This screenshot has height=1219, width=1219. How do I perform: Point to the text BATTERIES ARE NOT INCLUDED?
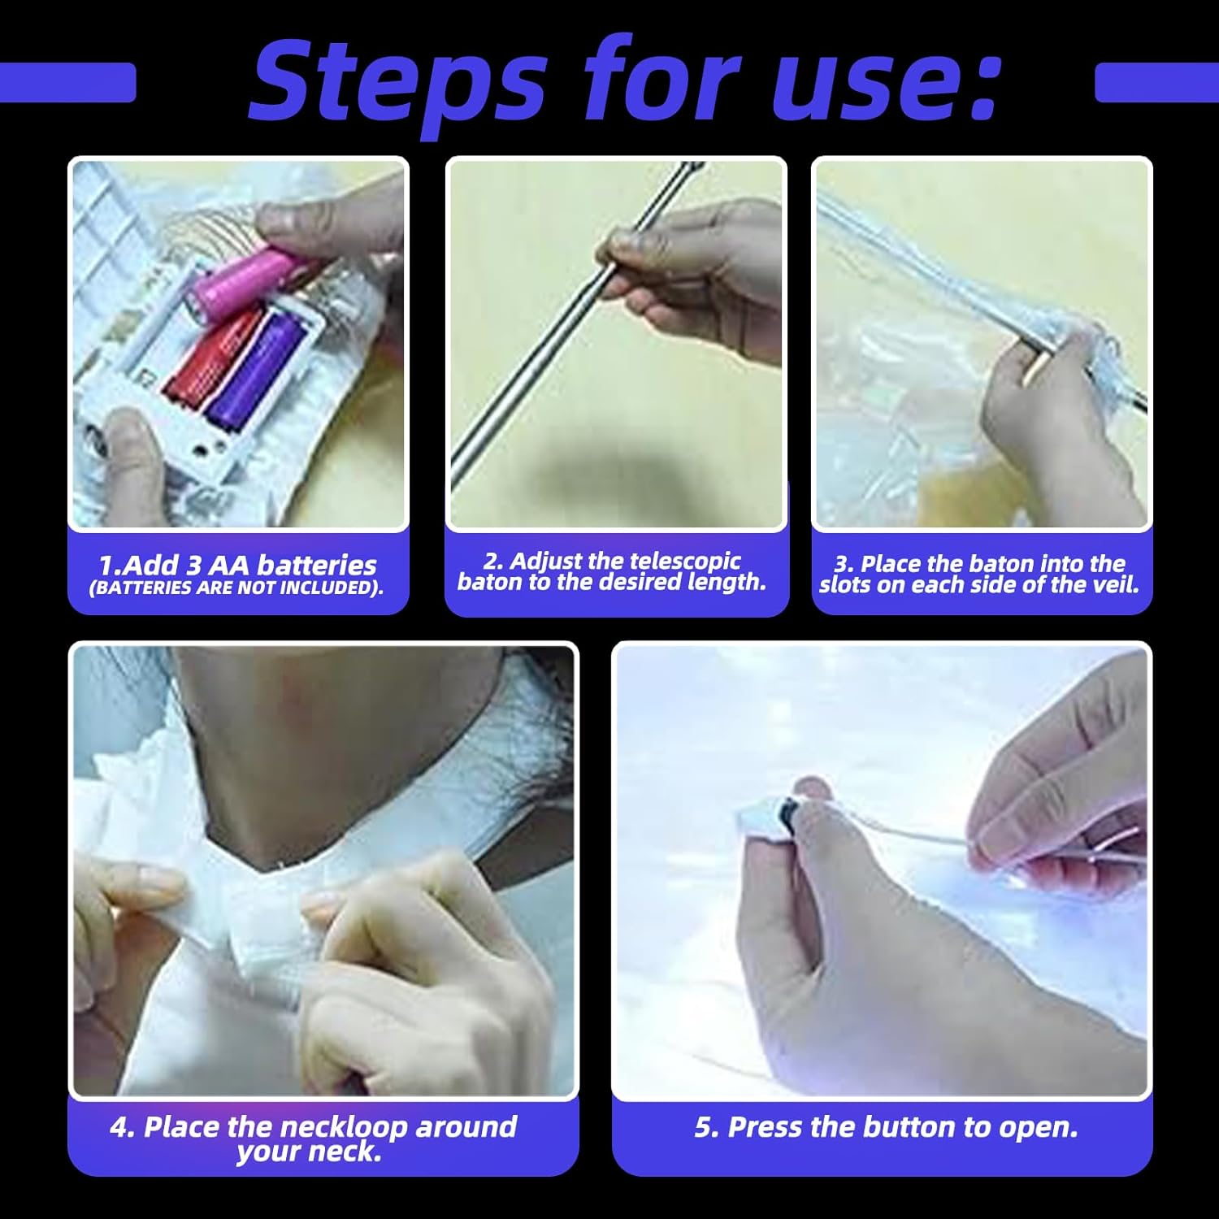pyautogui.click(x=236, y=588)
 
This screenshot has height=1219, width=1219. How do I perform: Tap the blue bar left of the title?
pyautogui.click(x=67, y=83)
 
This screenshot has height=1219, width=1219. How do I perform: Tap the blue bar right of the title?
pyautogui.click(x=1156, y=83)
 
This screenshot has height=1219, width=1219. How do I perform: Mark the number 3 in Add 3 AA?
pyautogui.click(x=195, y=566)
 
